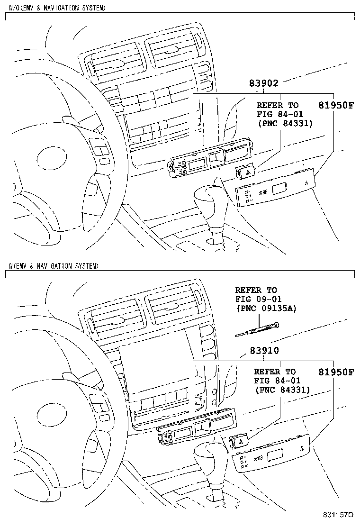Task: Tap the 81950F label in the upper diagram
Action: [x=335, y=105]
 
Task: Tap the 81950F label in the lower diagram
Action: [x=335, y=372]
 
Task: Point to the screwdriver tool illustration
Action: [x=258, y=329]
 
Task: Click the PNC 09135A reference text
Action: [x=266, y=308]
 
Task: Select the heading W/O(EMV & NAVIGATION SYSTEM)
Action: [x=57, y=8]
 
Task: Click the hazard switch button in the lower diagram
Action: [x=240, y=442]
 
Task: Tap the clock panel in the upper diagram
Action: [x=275, y=191]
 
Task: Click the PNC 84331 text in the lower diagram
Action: [x=282, y=390]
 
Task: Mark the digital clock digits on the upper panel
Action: [x=263, y=193]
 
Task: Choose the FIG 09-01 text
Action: [x=256, y=299]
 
